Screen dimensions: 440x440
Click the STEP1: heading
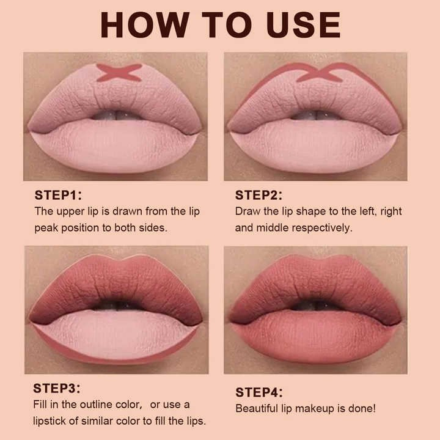(58, 196)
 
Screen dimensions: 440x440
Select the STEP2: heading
(258, 196)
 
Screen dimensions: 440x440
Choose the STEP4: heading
(258, 392)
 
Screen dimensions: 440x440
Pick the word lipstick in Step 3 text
(53, 421)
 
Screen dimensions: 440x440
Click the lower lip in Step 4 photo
(315, 336)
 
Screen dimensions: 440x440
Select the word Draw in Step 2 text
(247, 211)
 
